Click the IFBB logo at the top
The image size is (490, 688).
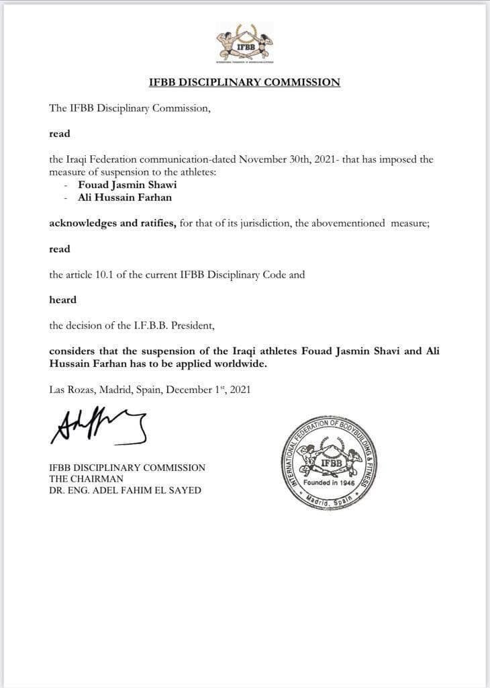244,44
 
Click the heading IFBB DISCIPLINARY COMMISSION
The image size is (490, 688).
244,83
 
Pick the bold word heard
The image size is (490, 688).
62,300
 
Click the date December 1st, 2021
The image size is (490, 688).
208,389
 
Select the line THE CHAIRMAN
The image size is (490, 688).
85,478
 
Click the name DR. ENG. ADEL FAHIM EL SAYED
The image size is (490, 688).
125,490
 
